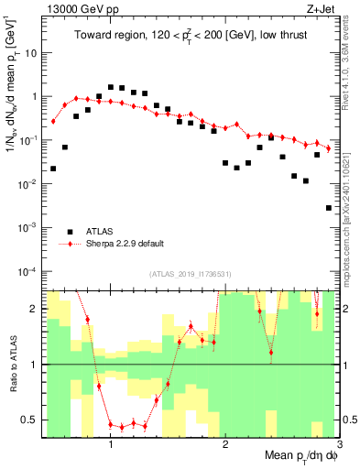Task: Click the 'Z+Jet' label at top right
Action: coord(321,8)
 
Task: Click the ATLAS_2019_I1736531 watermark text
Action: coord(190,274)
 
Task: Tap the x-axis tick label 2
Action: coord(225,445)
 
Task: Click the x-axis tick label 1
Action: coord(111,445)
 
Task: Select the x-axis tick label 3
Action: coord(339,445)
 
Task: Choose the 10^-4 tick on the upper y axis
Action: coord(28,272)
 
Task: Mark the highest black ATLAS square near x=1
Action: coord(111,87)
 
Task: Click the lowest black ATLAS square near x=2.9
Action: coord(328,208)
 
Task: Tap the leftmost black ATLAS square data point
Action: coord(53,169)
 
